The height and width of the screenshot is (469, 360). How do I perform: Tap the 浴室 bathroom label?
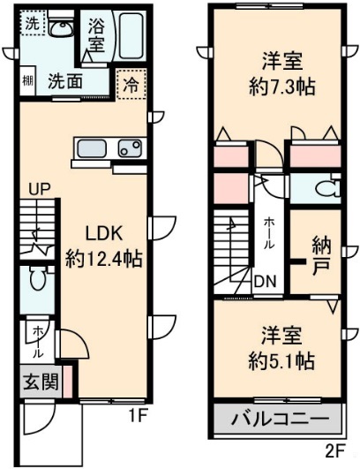tap(96, 34)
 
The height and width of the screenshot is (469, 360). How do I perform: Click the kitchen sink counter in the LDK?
tap(109, 148)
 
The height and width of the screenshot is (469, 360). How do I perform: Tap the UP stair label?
tap(39, 188)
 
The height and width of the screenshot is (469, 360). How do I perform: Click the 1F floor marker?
tap(136, 414)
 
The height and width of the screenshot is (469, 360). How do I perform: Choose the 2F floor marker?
tap(335, 451)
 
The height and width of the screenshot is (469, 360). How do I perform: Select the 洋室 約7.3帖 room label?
tap(281, 75)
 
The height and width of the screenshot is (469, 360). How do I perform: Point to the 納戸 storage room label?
tap(321, 253)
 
